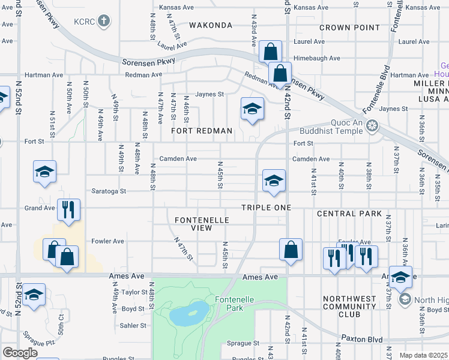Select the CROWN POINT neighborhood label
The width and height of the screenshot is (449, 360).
click(349, 28)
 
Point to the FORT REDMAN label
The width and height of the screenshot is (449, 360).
click(201, 131)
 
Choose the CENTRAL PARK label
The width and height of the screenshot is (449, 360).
click(349, 214)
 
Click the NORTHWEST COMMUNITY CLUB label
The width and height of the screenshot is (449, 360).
click(350, 306)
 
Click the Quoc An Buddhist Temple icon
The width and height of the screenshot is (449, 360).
click(372, 126)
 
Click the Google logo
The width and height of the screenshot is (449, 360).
click(20, 353)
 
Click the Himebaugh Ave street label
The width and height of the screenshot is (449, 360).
click(318, 58)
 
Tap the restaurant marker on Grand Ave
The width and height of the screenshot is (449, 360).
click(68, 209)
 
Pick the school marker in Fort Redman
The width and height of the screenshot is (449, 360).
click(252, 108)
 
